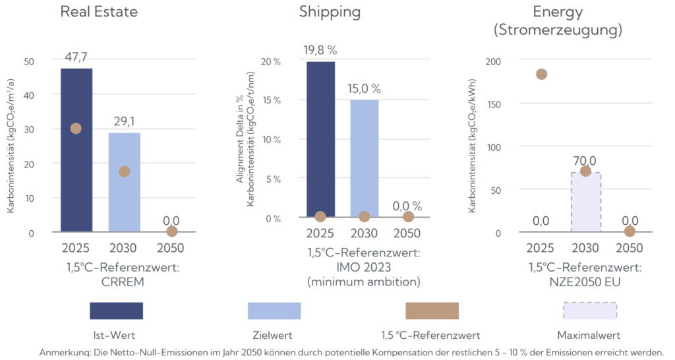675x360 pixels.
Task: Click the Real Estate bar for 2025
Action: pos(76,171)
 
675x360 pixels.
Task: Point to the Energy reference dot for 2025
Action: pos(541,74)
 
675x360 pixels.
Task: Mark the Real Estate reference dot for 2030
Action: pos(124,171)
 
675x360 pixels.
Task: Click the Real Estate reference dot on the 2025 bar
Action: pos(76,128)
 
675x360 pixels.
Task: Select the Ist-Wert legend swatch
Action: pos(117,311)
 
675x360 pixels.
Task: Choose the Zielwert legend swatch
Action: pos(274,311)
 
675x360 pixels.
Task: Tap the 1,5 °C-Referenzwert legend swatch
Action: pos(432,311)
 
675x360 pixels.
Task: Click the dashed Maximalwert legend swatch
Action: pos(590,311)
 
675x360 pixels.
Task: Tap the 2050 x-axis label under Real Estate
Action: pos(171,249)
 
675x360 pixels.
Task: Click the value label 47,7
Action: pos(77,57)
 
